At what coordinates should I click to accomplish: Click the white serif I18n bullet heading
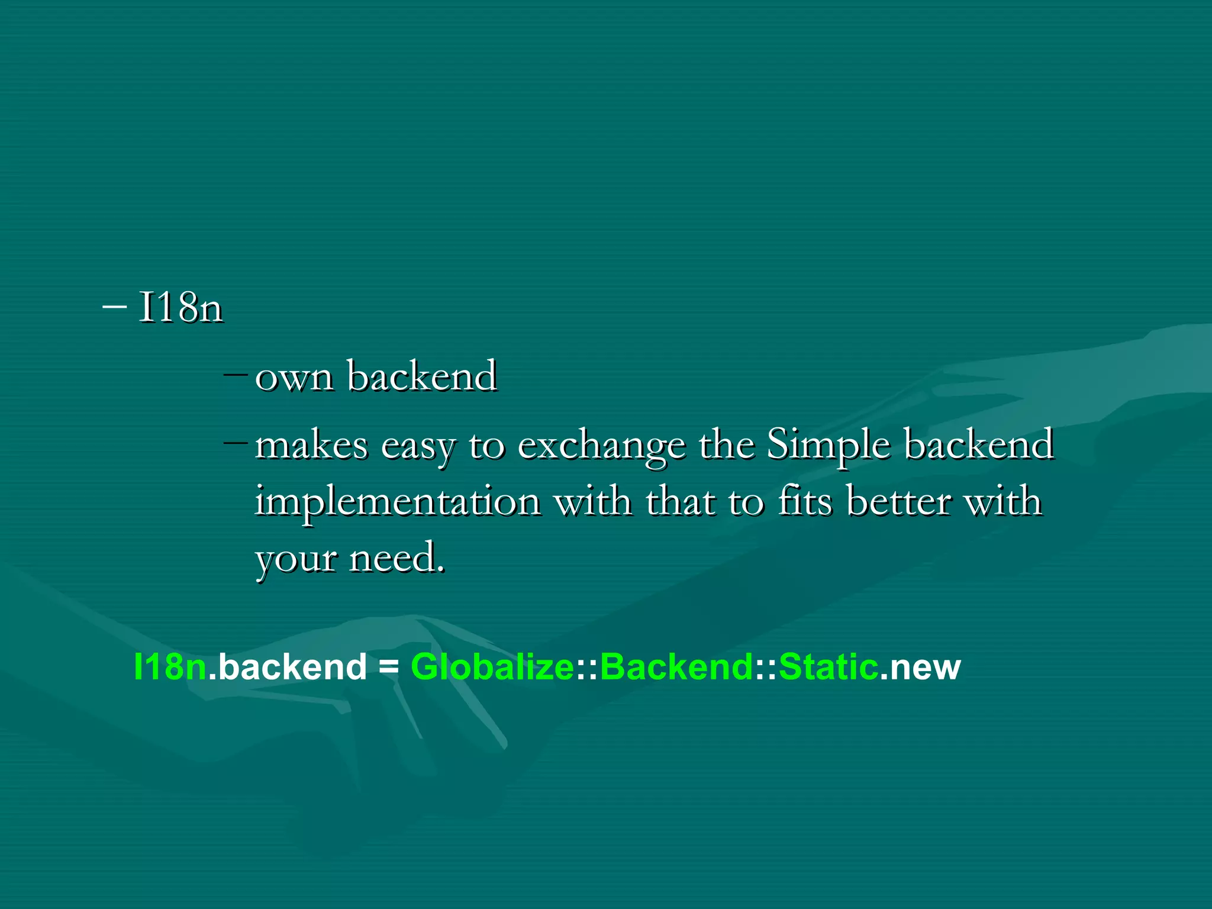tap(180, 308)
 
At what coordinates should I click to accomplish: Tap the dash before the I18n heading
tap(114, 307)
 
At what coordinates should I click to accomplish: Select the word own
tap(294, 377)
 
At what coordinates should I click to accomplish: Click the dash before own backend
tap(236, 375)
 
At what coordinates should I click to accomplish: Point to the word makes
tap(311, 445)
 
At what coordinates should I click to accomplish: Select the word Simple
tap(829, 445)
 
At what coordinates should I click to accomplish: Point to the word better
tap(898, 501)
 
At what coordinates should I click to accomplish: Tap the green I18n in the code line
tap(170, 667)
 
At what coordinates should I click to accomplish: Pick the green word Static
tap(829, 667)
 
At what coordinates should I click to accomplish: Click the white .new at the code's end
tap(920, 667)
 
